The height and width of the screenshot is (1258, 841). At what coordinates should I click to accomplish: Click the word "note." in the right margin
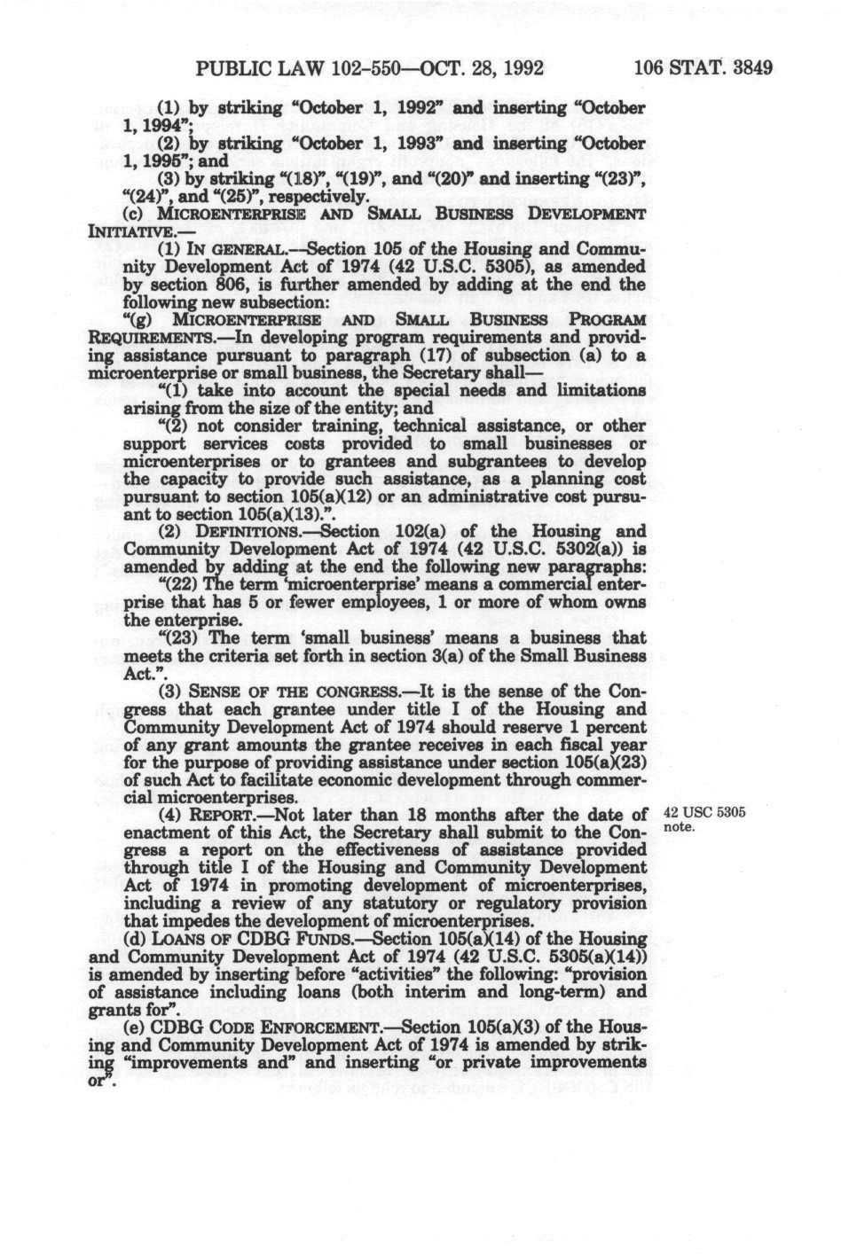(676, 828)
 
